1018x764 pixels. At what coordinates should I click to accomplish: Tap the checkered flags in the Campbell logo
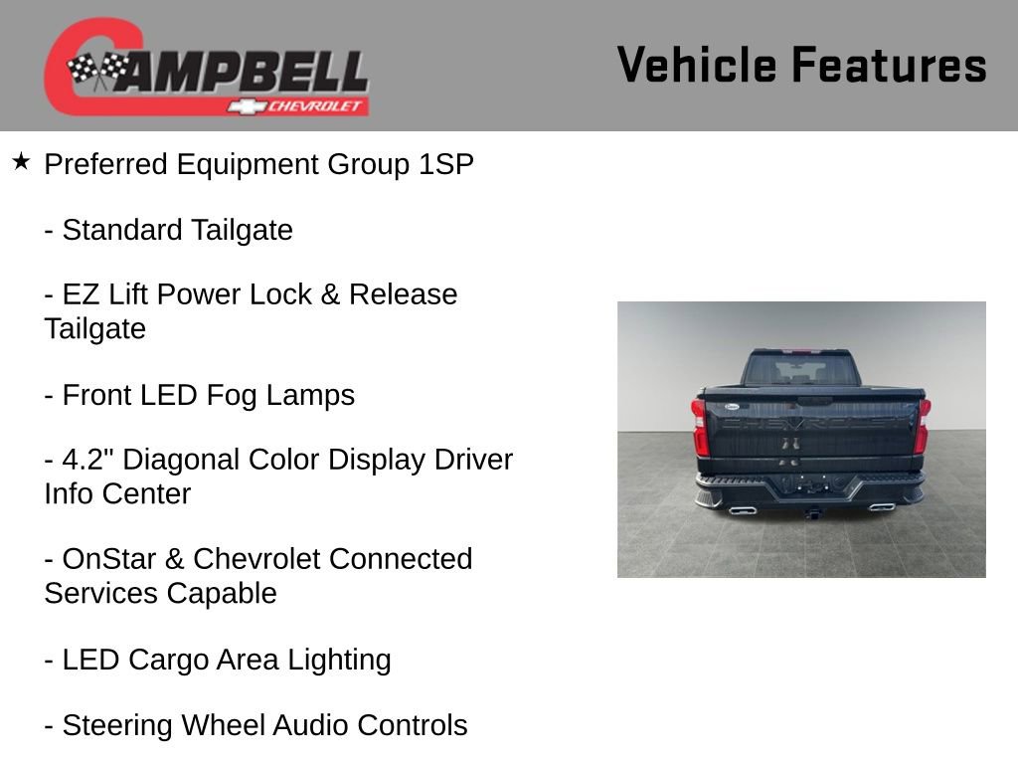point(98,69)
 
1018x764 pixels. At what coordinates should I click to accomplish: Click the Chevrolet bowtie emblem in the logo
point(245,105)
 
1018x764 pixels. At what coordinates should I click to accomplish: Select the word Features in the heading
point(889,66)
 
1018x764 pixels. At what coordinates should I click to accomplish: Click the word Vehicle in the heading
point(697,66)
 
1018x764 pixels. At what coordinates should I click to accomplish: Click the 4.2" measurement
point(86,460)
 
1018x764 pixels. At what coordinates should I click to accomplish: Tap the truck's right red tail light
point(922,425)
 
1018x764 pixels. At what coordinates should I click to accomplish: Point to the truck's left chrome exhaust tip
point(741,509)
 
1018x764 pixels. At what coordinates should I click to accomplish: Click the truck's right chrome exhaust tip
point(880,508)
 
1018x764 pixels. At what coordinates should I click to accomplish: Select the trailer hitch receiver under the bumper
point(812,513)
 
